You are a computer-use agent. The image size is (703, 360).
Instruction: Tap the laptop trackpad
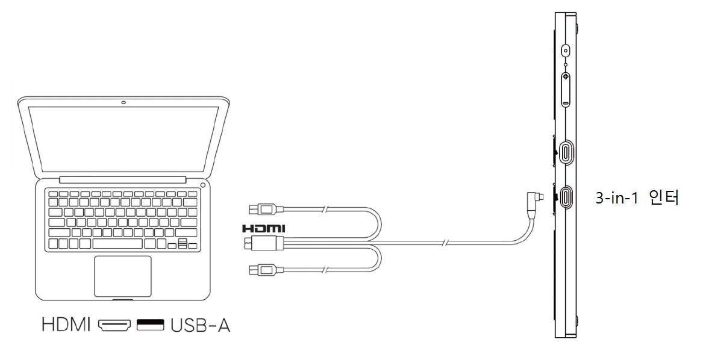point(122,276)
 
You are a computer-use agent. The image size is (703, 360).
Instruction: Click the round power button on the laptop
point(202,184)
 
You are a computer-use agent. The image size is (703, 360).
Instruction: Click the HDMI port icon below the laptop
point(115,326)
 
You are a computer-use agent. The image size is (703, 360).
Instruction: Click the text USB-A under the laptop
point(199,326)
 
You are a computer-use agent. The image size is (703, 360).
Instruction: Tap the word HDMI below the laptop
point(66,326)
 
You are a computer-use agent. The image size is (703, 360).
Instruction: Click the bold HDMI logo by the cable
point(263,229)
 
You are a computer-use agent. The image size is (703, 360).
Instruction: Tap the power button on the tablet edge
point(566,51)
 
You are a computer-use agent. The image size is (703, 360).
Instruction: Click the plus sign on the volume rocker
point(566,78)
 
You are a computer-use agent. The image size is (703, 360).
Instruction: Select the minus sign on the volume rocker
point(566,102)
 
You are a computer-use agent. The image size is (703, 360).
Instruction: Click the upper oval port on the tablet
point(566,152)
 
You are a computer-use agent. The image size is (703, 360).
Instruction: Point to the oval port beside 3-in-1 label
point(566,196)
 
